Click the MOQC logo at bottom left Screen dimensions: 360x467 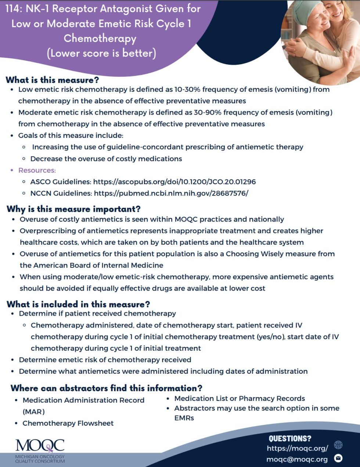tap(40, 450)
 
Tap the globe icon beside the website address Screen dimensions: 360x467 tap(338, 445)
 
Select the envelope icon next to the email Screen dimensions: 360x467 tap(338, 458)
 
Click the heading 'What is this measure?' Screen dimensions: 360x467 tap(52, 80)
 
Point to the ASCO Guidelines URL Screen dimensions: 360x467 tap(174, 182)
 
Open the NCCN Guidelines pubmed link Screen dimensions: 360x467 tap(171, 193)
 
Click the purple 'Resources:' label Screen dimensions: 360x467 tap(37, 170)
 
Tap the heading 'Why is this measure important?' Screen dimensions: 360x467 tap(73, 209)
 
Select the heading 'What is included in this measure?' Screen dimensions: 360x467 tap(78, 304)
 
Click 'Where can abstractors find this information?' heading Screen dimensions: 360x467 tap(106, 388)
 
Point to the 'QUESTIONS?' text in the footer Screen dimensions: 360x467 tap(290, 438)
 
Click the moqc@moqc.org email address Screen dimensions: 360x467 tap(297, 459)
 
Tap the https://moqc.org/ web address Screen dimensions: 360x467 tap(297, 448)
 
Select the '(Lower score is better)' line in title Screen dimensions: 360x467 tap(101, 53)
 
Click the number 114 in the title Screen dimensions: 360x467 tap(14, 9)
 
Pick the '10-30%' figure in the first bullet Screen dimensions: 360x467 tap(187, 89)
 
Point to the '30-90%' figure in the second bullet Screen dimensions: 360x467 tap(207, 112)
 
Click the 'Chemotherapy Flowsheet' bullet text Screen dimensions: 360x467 tap(68, 423)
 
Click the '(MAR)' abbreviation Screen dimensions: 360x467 tap(33, 412)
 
